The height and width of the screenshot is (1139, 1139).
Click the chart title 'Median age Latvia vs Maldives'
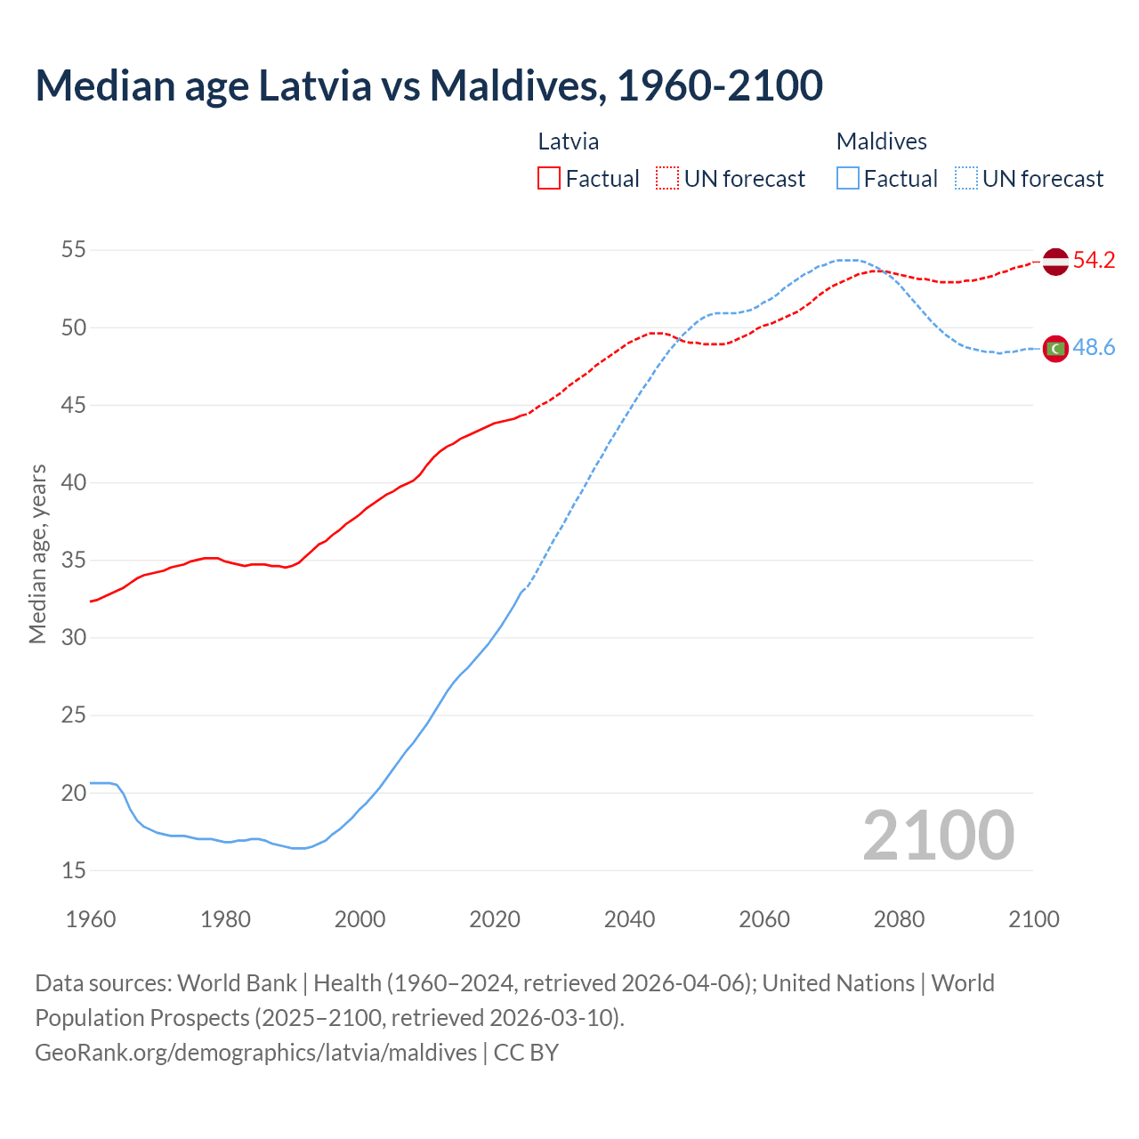429,85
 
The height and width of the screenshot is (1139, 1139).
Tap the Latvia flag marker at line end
1054,262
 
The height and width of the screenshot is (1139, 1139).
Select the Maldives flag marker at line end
1054,349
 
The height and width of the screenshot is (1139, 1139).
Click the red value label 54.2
1094,261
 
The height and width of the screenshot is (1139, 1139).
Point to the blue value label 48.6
1094,348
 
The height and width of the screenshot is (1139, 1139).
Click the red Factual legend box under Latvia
549,179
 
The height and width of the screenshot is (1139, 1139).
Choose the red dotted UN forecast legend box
667,179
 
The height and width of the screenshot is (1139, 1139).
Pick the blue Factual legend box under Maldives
848,179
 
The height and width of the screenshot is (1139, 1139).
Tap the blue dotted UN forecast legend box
966,179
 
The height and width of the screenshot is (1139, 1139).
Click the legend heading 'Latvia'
568,141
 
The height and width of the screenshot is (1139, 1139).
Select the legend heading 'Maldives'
881,141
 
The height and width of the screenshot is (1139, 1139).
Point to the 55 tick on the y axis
74,250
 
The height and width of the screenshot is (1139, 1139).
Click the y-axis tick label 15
74,870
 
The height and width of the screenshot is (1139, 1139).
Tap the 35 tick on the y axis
74,561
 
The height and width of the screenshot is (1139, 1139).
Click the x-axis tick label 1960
91,919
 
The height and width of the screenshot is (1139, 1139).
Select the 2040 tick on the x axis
629,919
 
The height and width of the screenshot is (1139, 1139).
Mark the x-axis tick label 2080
899,919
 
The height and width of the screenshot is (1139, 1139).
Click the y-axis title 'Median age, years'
37,553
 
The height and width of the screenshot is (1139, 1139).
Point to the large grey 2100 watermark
938,835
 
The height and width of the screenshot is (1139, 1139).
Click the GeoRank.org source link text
255,1053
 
